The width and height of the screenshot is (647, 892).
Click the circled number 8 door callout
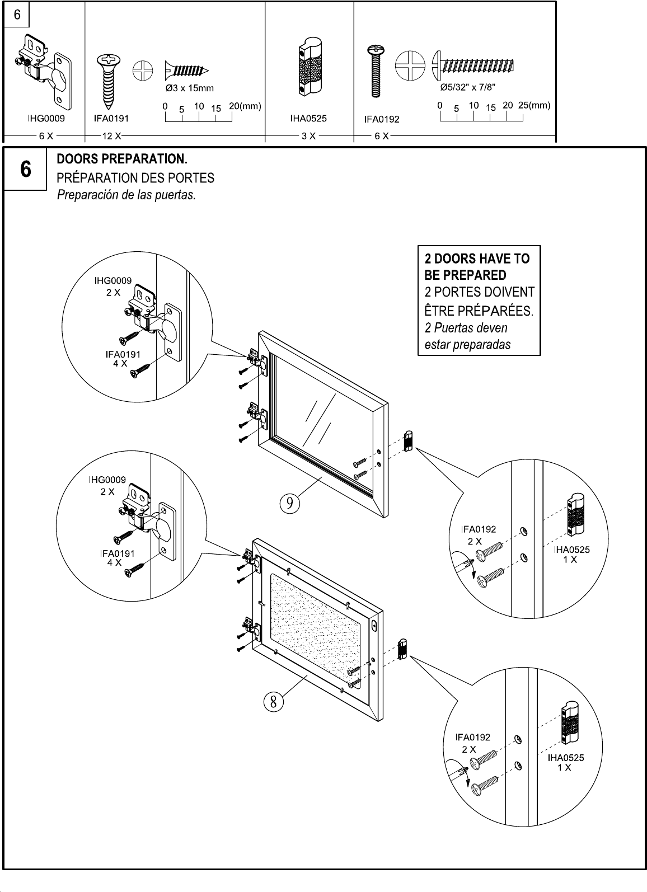pos(273,700)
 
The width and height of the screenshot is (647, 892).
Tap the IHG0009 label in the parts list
pos(46,119)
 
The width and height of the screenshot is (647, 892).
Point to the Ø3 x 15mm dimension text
pos(190,88)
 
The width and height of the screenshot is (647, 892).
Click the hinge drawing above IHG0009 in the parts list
pos(41,70)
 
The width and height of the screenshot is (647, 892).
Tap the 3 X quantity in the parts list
pos(308,136)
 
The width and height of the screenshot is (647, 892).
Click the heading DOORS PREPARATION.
pos(122,159)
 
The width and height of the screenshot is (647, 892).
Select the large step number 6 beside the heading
pos(25,169)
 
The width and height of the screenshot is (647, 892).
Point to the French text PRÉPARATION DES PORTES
pos(135,178)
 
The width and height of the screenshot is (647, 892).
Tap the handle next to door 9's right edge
pos(408,440)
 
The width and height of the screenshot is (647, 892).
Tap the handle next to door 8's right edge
pos(402,649)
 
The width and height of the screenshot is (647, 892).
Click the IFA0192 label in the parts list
pos(382,119)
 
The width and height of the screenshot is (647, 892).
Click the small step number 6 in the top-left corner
pos(17,15)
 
